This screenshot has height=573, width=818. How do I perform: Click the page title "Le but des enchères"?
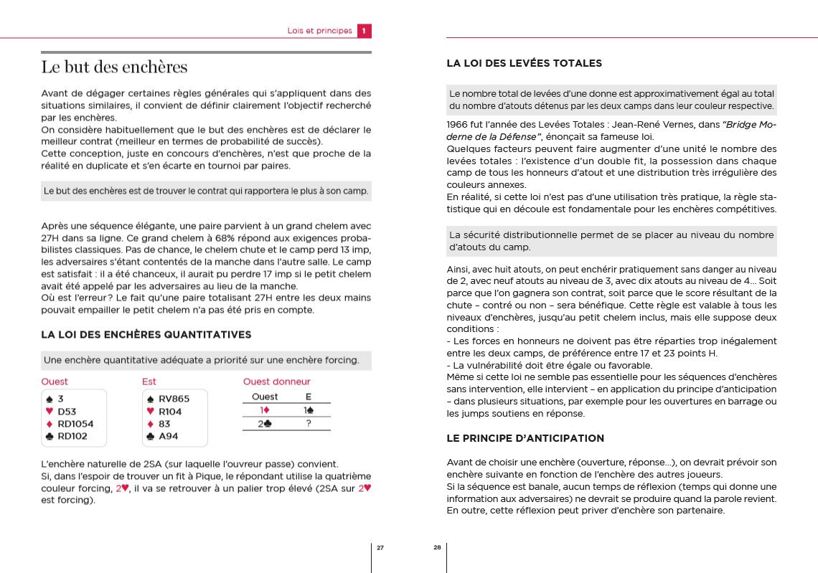pos(114,67)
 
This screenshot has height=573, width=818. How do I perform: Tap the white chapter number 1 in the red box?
pos(364,31)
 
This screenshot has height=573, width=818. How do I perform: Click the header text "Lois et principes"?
pos(319,31)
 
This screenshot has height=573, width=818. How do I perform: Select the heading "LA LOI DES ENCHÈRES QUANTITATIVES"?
pos(146,334)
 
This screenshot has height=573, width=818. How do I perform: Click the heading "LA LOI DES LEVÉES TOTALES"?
pos(524,63)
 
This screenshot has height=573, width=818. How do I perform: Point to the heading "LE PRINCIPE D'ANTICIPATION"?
pos(525,438)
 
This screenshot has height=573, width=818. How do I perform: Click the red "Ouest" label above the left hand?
pos(55,382)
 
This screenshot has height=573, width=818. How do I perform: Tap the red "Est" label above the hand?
pos(149,382)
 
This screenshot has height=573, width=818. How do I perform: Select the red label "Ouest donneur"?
pos(277,382)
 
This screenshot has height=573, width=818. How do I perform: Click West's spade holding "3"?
pos(61,399)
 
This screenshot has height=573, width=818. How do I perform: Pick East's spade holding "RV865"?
pos(174,399)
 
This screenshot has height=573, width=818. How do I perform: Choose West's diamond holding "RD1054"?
pos(75,424)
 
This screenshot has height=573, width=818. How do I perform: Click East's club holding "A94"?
pos(168,436)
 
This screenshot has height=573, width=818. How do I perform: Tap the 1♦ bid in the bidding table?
pos(265,410)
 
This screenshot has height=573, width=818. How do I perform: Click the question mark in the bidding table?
pos(309,423)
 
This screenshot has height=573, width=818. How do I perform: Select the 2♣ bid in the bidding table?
pos(265,423)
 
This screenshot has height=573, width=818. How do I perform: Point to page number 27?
pos(380,548)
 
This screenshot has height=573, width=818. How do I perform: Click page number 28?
pos(437,548)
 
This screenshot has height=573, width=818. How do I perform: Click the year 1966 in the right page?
pos(457,125)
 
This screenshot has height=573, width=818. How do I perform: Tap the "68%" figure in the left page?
pos(196,238)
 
